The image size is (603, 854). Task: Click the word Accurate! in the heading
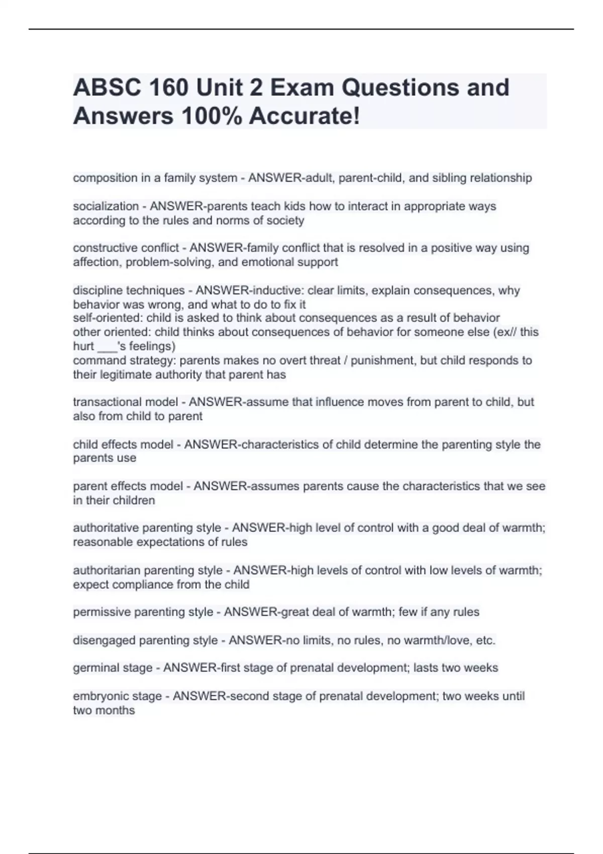pyautogui.click(x=305, y=116)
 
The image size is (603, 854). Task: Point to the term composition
pyautogui.click(x=105, y=178)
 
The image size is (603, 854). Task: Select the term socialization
pyautogui.click(x=106, y=206)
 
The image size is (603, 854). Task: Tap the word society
pyautogui.click(x=285, y=221)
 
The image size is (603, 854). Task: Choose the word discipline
pyautogui.click(x=98, y=290)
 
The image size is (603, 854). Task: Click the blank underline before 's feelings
pyautogui.click(x=107, y=348)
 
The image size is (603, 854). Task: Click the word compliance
pyautogui.click(x=142, y=585)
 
